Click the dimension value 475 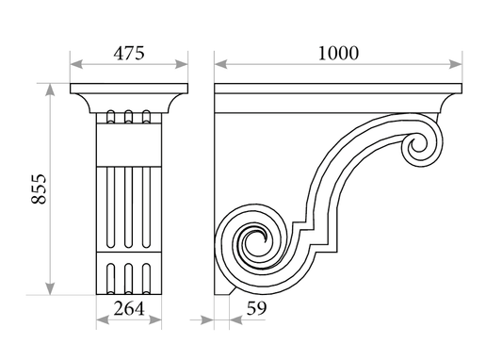[129, 53]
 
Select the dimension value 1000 [338, 53]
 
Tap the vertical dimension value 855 [39, 189]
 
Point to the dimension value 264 [129, 309]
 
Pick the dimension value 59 [256, 308]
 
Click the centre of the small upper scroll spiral [418, 145]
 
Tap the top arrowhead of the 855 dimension [50, 90]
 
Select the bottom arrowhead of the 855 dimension [50, 288]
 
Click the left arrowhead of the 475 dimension [76, 64]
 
